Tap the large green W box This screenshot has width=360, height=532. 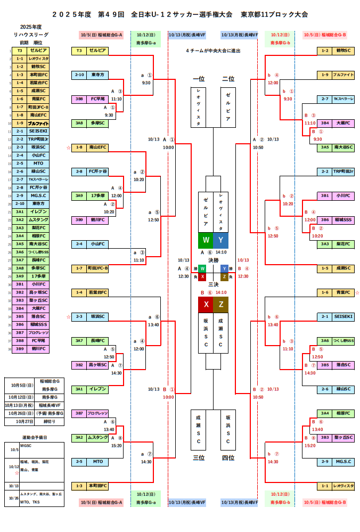click(206, 240)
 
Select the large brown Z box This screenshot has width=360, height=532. click(220, 305)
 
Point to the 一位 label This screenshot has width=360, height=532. click(198, 79)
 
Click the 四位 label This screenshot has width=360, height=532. click(228, 457)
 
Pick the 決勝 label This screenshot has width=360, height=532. click(213, 260)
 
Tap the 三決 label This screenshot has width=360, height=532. click(213, 284)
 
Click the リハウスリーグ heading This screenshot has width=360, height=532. click(30, 34)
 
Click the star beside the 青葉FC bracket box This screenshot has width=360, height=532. click(357, 292)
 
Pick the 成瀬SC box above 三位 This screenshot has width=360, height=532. click(198, 429)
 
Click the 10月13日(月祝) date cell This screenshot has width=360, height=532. click(21, 405)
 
